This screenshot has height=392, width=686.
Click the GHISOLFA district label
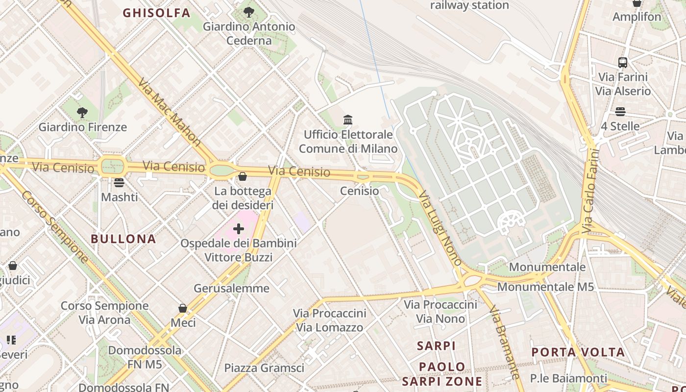click(156, 13)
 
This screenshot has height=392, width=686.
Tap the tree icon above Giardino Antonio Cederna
click(249, 12)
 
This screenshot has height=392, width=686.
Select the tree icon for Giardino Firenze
click(82, 113)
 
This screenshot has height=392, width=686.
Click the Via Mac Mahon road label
click(170, 112)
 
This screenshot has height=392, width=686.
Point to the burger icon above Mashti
click(119, 183)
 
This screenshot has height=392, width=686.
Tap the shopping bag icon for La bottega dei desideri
click(243, 176)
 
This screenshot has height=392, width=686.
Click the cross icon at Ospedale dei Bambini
click(239, 229)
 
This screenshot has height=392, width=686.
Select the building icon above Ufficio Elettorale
click(348, 120)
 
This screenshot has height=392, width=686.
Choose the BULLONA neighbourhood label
click(123, 239)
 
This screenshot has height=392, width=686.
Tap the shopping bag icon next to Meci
click(183, 308)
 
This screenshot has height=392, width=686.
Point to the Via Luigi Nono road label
click(440, 228)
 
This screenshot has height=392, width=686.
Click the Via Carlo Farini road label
click(591, 191)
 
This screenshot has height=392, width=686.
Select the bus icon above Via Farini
click(622, 63)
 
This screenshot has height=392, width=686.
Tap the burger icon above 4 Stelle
click(620, 112)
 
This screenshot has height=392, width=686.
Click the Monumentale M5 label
click(545, 287)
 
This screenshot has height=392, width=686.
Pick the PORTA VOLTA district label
click(578, 352)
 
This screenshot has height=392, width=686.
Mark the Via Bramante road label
click(504, 343)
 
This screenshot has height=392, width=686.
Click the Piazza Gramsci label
click(264, 368)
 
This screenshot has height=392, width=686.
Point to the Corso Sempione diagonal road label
click(55, 229)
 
